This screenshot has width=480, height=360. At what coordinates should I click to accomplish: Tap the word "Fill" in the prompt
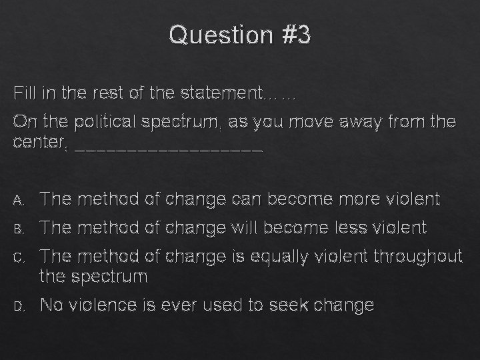[x=25, y=94]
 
